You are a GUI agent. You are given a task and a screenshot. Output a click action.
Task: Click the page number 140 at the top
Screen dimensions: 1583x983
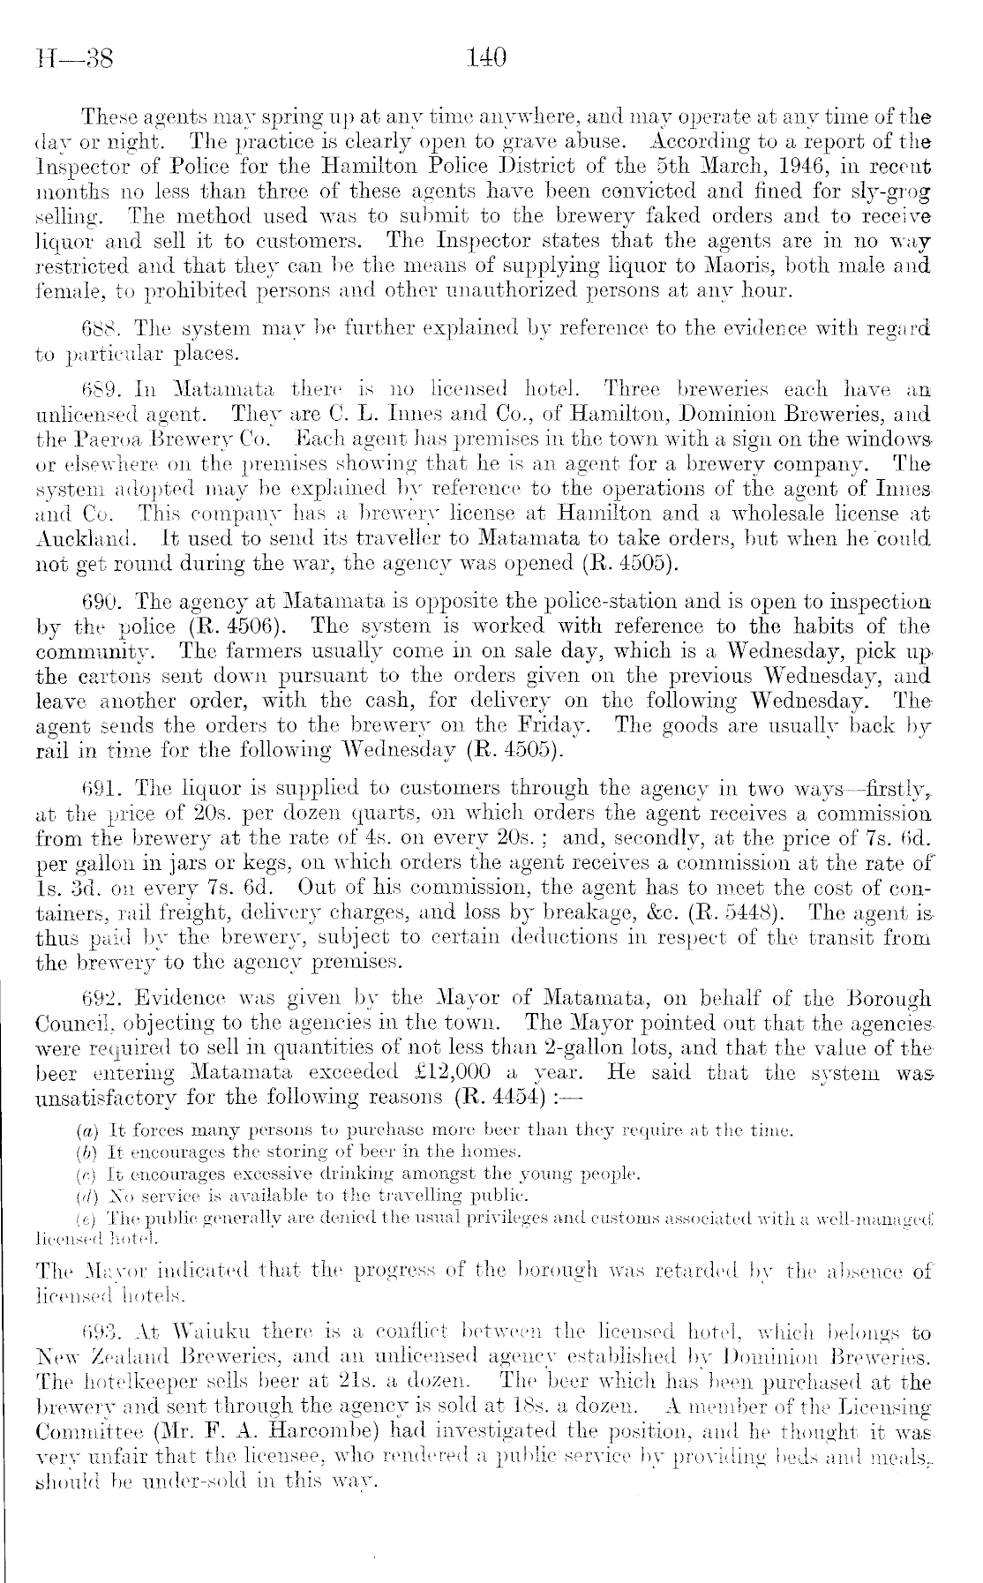pyautogui.click(x=486, y=59)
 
